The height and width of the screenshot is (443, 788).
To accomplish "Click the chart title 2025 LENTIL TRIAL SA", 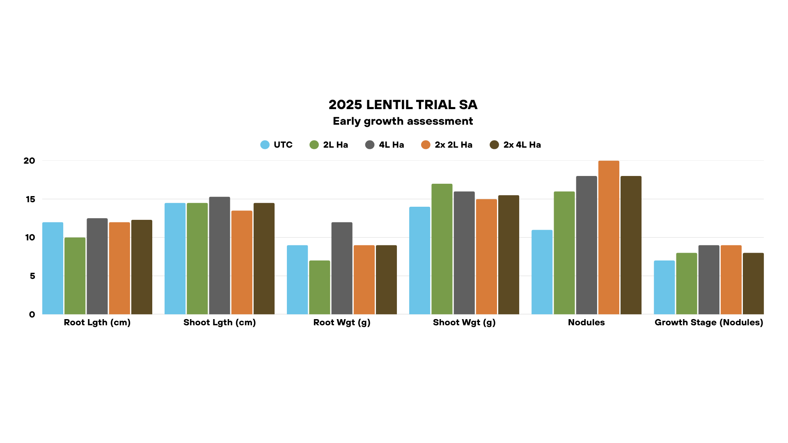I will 403,105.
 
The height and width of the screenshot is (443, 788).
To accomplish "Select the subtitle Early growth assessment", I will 403,121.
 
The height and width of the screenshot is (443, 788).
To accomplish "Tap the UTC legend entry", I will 277,145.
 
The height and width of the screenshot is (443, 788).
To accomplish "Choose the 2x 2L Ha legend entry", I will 447,145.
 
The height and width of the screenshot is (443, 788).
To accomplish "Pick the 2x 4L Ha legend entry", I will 515,145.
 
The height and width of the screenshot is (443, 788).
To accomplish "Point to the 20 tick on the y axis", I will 29,161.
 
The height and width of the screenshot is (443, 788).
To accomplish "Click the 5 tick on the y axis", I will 32,276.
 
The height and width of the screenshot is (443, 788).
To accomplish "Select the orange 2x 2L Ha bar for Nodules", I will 609,238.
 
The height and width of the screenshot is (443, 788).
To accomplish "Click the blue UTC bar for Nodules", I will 542,272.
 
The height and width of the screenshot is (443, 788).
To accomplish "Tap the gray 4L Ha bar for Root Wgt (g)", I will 342,269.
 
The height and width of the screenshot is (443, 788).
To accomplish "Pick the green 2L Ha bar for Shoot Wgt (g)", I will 442,249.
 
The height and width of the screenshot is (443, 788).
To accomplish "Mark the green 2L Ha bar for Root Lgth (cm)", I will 75,276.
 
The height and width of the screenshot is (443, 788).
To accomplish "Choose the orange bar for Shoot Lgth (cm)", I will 242,263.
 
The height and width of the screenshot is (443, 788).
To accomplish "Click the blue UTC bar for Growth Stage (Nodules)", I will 664,288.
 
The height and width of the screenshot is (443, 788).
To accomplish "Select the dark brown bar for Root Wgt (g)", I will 386,280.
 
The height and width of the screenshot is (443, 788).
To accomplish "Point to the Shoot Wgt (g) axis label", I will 464,322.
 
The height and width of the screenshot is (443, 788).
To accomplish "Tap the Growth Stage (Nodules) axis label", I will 709,322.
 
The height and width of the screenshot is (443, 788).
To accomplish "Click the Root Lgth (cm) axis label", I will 97,322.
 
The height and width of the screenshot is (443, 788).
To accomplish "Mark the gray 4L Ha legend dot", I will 370,145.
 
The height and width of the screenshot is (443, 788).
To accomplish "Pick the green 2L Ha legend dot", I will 314,145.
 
